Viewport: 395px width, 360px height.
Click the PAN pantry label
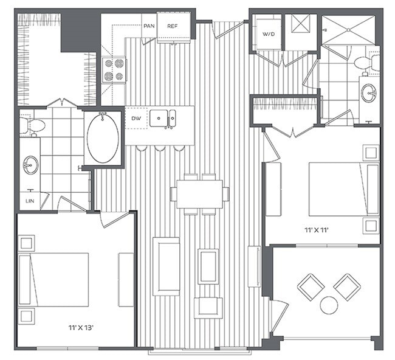pos(149,26)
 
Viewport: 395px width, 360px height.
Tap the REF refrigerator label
pos(172,26)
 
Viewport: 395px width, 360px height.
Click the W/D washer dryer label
pos(269,35)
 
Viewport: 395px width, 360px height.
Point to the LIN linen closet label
pos(29,200)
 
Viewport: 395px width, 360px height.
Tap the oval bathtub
pos(103,138)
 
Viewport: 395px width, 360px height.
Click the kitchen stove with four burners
pos(114,69)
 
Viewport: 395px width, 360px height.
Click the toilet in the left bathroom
pos(32,126)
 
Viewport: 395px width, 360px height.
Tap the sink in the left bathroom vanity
pos(30,164)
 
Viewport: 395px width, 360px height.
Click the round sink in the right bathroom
pos(369,92)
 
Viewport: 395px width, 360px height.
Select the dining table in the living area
pos(199,193)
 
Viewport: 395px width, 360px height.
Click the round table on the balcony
pos(329,305)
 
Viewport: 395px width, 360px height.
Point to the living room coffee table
pos(208,266)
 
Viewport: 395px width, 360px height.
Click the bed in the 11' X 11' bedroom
pos(338,189)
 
